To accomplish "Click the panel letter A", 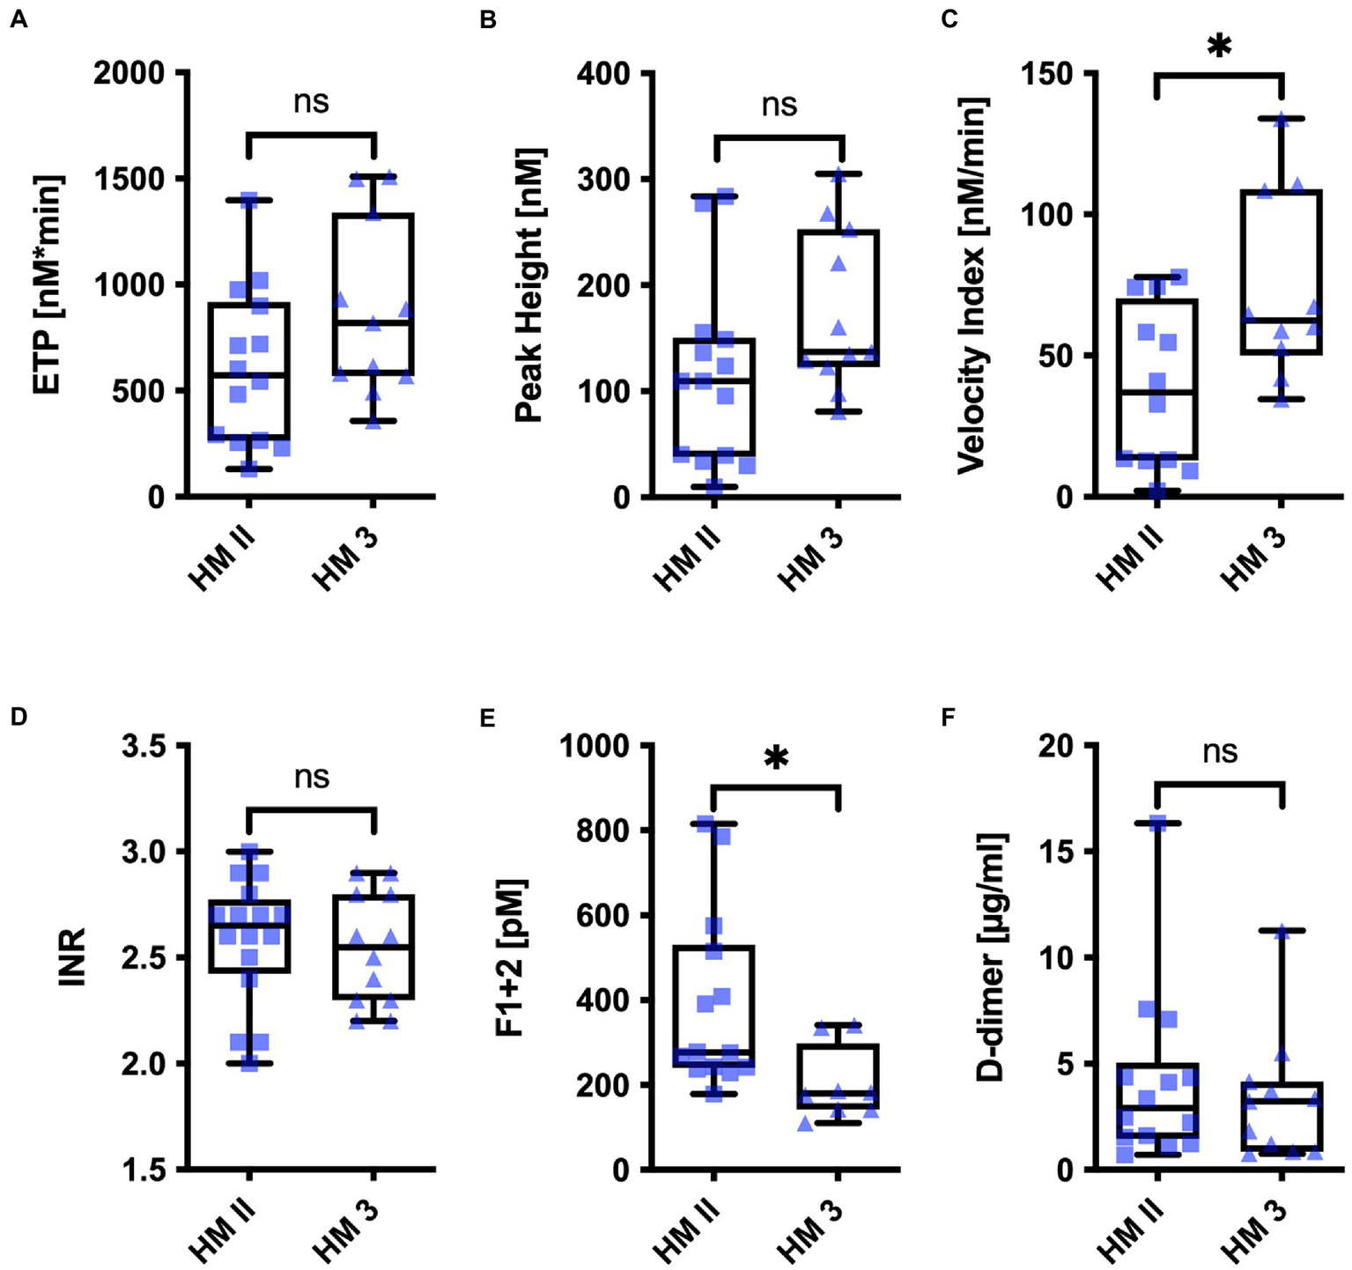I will [x=18, y=19].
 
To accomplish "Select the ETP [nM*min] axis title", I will [x=48, y=284].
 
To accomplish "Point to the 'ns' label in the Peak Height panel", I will [x=779, y=105].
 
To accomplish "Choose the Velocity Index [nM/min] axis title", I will [x=972, y=284].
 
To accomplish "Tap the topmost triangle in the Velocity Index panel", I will [x=1282, y=120].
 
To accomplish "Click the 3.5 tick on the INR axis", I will [x=143, y=746].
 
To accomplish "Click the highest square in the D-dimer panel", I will [x=1157, y=823].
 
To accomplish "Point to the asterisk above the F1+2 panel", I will [x=776, y=757].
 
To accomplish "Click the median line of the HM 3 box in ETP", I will [x=373, y=323].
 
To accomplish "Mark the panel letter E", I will [x=487, y=718].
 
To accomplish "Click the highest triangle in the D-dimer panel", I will [x=1282, y=932].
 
